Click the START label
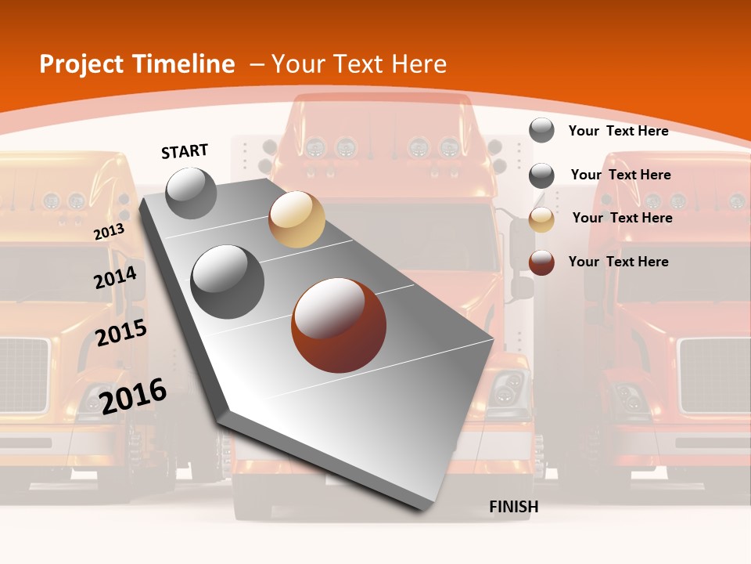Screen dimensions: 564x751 point(185,151)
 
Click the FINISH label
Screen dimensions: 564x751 point(514,507)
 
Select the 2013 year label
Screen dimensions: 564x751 point(109,231)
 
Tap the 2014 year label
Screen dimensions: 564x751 point(115,277)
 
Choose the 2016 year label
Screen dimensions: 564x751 point(133,396)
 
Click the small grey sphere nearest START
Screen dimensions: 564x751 point(191,193)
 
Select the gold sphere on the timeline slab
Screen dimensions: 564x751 point(296,219)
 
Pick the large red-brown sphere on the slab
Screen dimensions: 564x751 point(339,325)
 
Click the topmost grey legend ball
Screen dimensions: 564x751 point(541,130)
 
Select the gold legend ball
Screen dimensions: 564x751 point(541,219)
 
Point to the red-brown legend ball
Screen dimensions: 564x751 point(541,262)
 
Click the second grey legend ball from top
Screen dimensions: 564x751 point(541,175)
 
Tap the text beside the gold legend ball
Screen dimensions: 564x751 point(622,218)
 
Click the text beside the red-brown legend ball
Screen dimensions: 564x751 point(618,262)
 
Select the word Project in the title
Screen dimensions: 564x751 point(82,64)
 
